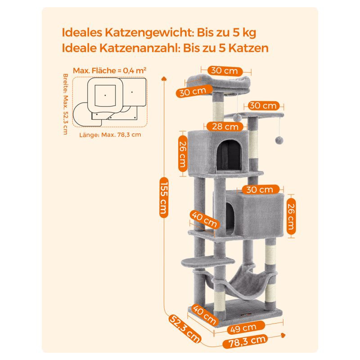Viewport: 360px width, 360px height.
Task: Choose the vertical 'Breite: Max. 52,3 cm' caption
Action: [66, 104]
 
